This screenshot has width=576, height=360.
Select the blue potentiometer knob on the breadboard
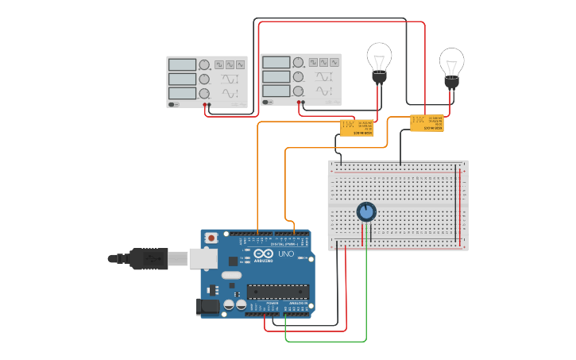click(x=366, y=211)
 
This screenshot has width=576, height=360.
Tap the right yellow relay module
click(x=427, y=123)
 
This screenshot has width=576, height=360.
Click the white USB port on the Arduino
click(x=203, y=257)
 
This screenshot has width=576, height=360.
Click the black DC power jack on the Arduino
click(x=208, y=306)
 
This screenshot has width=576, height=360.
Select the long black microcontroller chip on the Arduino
click(x=277, y=291)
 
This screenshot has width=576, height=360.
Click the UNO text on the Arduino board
click(x=286, y=254)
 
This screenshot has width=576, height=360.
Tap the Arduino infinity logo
click(x=264, y=254)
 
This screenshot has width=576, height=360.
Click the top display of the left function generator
click(x=182, y=64)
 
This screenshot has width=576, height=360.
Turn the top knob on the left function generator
click(x=204, y=64)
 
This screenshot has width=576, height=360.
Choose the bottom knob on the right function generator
click(x=298, y=91)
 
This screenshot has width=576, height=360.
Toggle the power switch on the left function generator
click(x=172, y=104)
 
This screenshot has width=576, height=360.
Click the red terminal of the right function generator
click(x=303, y=103)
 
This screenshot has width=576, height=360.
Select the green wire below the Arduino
click(x=326, y=341)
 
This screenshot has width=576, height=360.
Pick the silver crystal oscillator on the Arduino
click(x=230, y=276)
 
